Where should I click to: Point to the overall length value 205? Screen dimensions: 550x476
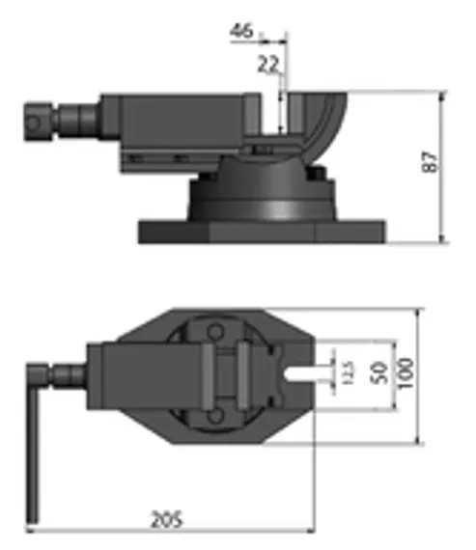pyautogui.click(x=167, y=519)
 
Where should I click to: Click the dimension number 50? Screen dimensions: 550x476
pyautogui.click(x=378, y=372)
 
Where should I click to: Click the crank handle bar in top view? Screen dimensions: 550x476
pyautogui.click(x=36, y=443)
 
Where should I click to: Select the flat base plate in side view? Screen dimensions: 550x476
pyautogui.click(x=261, y=231)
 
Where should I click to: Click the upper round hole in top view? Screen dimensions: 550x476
pyautogui.click(x=218, y=332)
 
